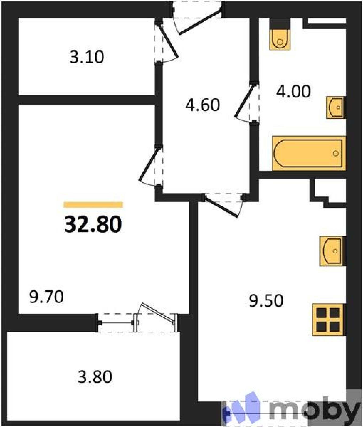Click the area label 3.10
click(x=87, y=57)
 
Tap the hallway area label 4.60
click(x=203, y=105)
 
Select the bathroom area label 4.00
click(x=293, y=91)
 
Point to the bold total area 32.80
click(x=93, y=224)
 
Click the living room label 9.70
click(x=46, y=297)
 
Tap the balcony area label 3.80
click(x=95, y=377)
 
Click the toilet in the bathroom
click(x=280, y=39)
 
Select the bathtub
click(x=309, y=153)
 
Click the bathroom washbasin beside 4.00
click(x=336, y=107)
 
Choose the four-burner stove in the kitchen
click(x=328, y=319)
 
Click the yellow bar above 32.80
click(x=93, y=205)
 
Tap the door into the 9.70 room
click(x=149, y=165)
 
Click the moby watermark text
click(x=315, y=410)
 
